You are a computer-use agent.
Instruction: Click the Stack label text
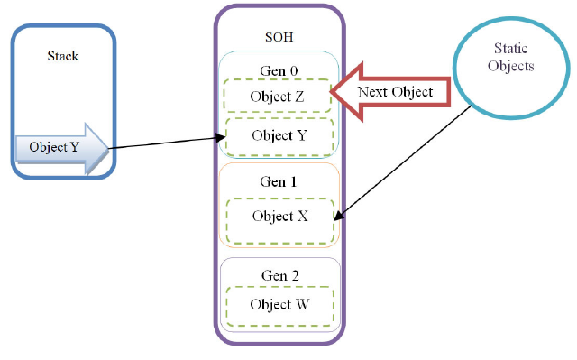tap(62, 56)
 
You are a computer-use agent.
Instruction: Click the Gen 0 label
tap(279, 69)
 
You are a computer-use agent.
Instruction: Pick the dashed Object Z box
tap(278, 96)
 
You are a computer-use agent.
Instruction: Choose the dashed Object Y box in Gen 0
tap(279, 135)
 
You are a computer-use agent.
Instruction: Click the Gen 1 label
tap(279, 180)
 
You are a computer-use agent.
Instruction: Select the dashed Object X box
tap(279, 217)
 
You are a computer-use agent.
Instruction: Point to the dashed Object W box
tap(279, 304)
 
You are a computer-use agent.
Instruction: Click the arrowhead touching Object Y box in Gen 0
tap(221, 138)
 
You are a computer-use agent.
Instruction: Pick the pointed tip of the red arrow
tap(332, 90)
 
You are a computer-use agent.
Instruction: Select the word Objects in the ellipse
tap(515, 67)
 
